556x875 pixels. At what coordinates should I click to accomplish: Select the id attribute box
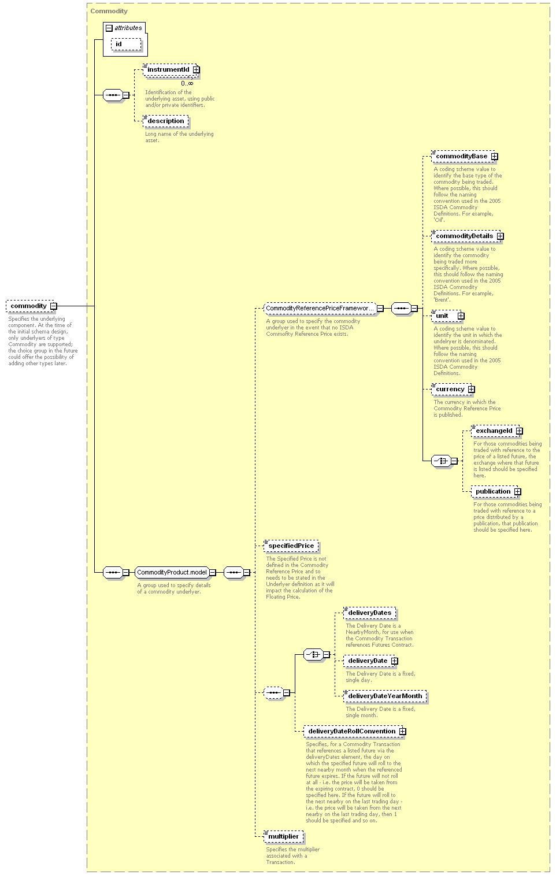pos(126,44)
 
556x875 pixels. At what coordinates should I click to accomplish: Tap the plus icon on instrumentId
pos(196,69)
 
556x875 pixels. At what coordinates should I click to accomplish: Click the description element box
pos(166,121)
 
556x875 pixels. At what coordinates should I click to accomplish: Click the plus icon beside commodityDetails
pos(501,236)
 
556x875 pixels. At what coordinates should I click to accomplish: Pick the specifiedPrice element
pos(291,546)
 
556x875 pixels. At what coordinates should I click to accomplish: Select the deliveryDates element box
pos(370,613)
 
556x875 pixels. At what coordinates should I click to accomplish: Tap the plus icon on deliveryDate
pos(395,661)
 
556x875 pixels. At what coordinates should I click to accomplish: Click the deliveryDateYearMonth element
pos(385,696)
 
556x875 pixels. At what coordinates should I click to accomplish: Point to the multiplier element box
pos(283,836)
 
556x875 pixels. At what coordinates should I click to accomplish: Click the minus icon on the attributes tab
pos(109,28)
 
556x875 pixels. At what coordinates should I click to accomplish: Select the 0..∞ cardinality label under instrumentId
pos(187,83)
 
